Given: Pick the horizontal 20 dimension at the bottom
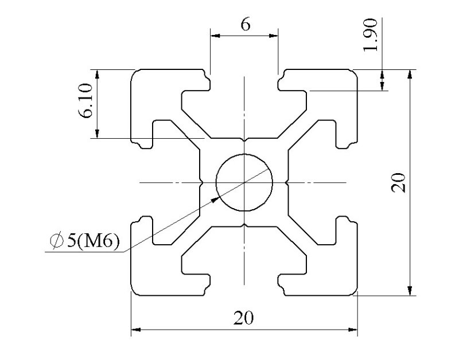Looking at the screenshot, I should click(244, 317).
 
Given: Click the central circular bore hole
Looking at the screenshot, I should click(244, 183).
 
